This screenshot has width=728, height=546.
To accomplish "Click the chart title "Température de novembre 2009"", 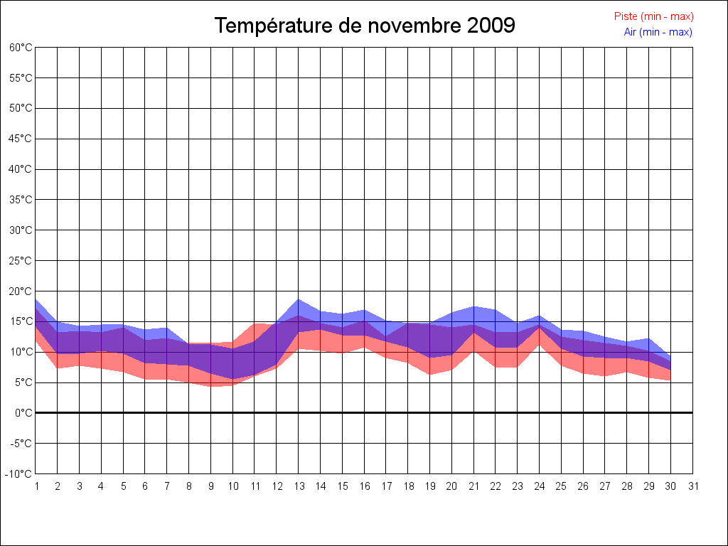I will pyautogui.click(x=365, y=26).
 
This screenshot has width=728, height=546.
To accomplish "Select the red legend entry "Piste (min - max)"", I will pyautogui.click(x=653, y=16).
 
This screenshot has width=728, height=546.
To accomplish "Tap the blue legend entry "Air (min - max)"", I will pyautogui.click(x=658, y=32).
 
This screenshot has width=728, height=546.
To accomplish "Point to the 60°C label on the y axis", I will pyautogui.click(x=21, y=48).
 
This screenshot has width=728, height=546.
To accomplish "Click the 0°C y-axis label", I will pyautogui.click(x=23, y=413).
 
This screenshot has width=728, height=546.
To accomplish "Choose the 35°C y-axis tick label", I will pyautogui.click(x=21, y=200).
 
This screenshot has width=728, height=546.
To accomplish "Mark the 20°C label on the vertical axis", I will pyautogui.click(x=21, y=291).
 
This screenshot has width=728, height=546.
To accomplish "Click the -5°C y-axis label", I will pyautogui.click(x=21, y=444).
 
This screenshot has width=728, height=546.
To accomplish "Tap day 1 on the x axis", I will pyautogui.click(x=36, y=486).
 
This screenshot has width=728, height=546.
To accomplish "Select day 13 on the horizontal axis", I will pyautogui.click(x=299, y=486).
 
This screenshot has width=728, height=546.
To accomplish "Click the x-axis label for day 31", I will pyautogui.click(x=693, y=486).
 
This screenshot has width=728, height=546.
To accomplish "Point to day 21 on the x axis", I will pyautogui.click(x=473, y=486).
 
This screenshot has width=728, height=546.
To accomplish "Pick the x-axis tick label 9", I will pyautogui.click(x=211, y=486).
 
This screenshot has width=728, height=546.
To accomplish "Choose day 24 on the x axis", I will pyautogui.click(x=540, y=486).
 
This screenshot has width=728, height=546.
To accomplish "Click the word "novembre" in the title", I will pyautogui.click(x=415, y=26).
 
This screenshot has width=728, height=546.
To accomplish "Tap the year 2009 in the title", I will pyautogui.click(x=491, y=26).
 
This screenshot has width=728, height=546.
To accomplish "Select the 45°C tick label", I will pyautogui.click(x=21, y=139).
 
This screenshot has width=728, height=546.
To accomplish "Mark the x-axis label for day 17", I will pyautogui.click(x=386, y=486).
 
